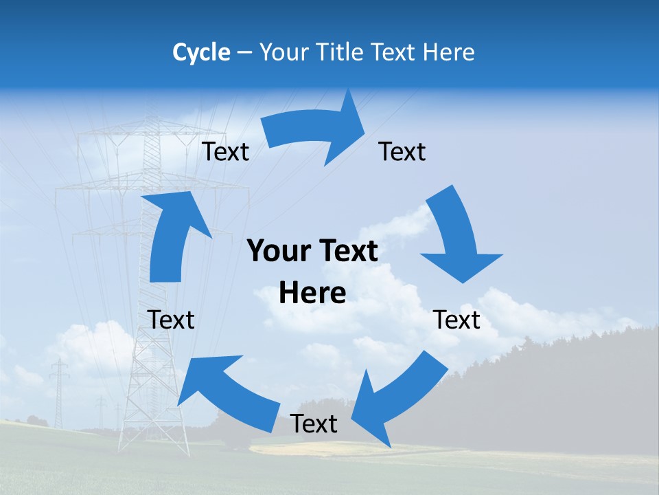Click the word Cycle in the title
point(201,52)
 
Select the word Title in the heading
point(339,52)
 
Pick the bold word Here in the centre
point(312,294)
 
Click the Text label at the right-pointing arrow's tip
point(402,152)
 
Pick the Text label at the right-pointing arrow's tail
point(225,152)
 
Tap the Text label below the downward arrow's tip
point(457,320)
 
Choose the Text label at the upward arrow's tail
point(171,320)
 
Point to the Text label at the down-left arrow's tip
point(314,424)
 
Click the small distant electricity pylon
point(59,392)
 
